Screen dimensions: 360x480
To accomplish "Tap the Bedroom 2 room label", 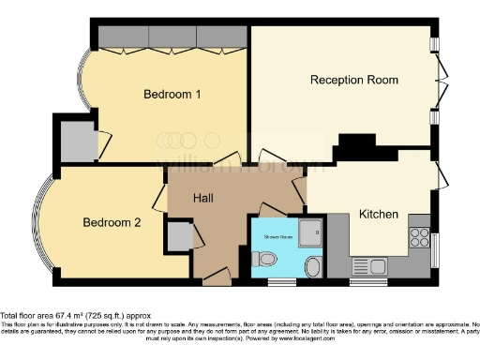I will point(112,222).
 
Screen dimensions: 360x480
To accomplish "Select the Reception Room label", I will point(354,81).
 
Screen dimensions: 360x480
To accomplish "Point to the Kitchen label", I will point(379,215).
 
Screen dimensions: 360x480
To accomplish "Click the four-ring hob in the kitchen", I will point(418,238).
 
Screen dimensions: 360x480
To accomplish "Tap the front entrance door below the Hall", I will point(217,277).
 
